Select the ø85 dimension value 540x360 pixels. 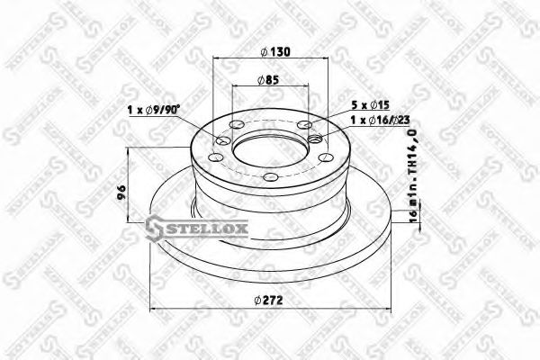click(x=270, y=79)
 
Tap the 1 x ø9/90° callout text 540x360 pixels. click(x=152, y=111)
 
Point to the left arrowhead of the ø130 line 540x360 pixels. click(x=216, y=60)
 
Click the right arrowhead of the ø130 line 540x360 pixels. click(x=329, y=60)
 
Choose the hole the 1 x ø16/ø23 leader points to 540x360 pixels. click(x=315, y=139)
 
